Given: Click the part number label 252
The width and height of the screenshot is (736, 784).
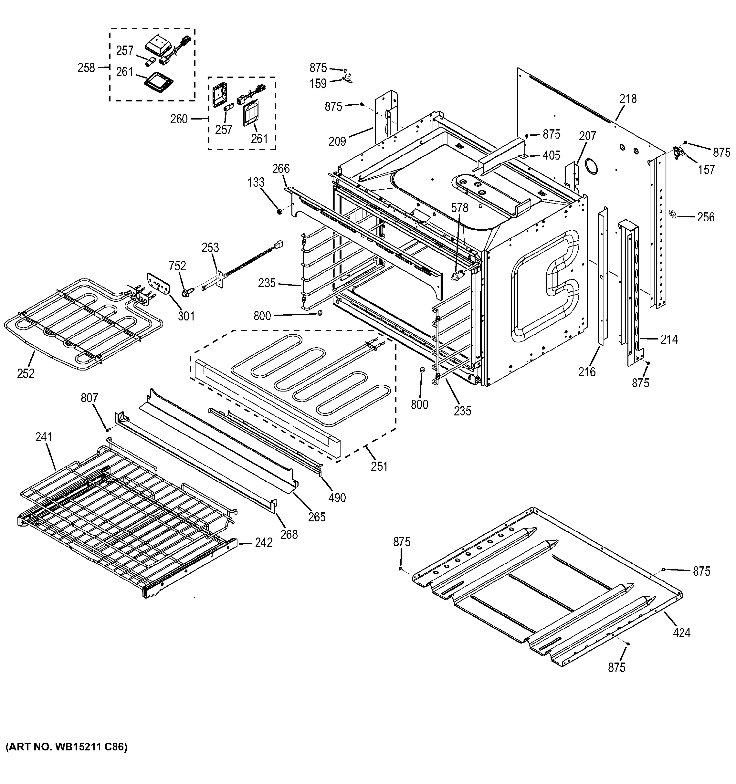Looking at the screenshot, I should click(x=25, y=373).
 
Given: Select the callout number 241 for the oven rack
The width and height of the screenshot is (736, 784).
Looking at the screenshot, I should click(x=44, y=437).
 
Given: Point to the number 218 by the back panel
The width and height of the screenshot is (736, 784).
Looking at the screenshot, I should click(x=628, y=99).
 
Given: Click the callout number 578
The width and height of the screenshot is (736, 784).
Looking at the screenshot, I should click(x=460, y=208).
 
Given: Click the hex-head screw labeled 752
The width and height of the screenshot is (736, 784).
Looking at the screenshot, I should click(x=184, y=293).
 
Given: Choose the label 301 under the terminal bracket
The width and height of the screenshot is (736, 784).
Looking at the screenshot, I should click(x=186, y=316).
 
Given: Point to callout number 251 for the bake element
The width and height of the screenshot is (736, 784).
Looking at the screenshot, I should click(x=379, y=466).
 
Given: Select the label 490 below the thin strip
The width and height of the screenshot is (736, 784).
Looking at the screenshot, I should click(x=337, y=498).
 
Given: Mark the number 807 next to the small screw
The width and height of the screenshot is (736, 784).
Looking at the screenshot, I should click(x=89, y=398).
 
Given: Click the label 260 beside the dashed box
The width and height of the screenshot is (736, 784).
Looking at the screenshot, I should click(x=179, y=119).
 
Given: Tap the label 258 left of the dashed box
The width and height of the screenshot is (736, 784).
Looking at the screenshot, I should click(x=86, y=68).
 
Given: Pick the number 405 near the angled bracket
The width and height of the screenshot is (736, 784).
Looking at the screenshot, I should click(x=551, y=155).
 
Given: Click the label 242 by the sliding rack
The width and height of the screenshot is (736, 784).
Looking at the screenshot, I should click(x=264, y=543).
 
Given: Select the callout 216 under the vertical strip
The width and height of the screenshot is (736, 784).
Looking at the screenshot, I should click(x=587, y=371).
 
